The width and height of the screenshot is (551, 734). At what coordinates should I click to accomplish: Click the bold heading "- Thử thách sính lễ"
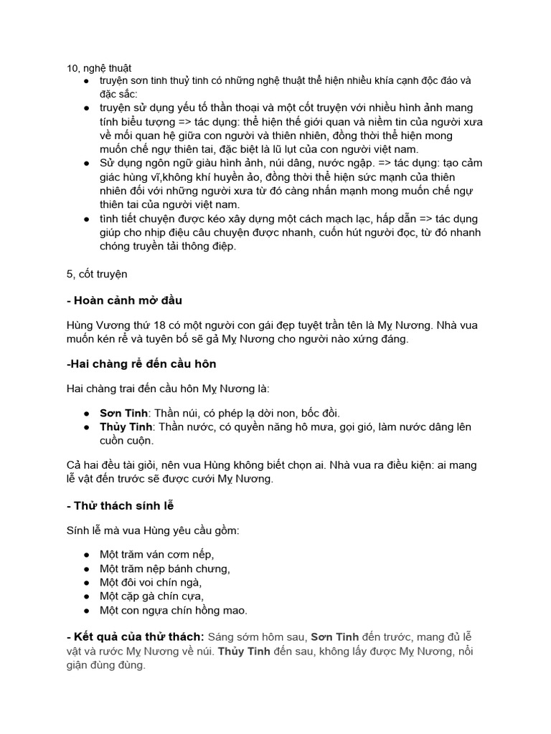coord(120,506)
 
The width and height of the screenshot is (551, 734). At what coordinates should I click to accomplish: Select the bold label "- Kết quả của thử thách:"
coord(134,637)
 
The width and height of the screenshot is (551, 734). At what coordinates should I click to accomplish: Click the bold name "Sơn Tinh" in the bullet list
coord(123,414)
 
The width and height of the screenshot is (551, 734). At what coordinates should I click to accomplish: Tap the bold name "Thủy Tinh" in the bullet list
coord(126,426)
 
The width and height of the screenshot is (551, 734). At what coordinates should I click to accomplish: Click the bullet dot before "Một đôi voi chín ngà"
coord(86,582)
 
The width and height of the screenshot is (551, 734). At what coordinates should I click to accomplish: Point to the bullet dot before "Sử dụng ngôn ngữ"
coord(86,163)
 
